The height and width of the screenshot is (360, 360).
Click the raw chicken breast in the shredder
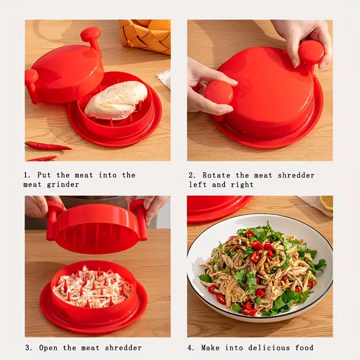point(116,100)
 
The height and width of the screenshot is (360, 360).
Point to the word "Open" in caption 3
point(48,347)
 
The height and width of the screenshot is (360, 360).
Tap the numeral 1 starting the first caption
point(26,175)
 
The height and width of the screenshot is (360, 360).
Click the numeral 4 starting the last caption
point(191,347)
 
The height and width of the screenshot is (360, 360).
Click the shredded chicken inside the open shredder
point(93,287)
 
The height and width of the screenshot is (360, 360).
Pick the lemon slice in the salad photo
point(327,203)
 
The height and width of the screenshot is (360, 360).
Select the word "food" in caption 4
point(305,347)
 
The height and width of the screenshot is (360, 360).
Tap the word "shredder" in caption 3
point(123,347)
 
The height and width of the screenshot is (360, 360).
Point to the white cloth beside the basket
point(164,78)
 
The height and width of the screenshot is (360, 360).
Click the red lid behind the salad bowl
point(216,207)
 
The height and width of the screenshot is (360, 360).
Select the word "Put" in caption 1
point(44,175)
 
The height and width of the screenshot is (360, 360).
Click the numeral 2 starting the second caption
point(191,175)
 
